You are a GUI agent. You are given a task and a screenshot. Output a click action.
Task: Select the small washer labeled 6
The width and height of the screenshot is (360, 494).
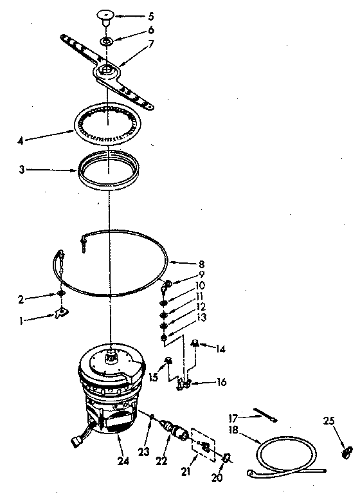(x=107, y=42)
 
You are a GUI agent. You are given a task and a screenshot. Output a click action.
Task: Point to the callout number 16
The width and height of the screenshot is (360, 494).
(x=221, y=382)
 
